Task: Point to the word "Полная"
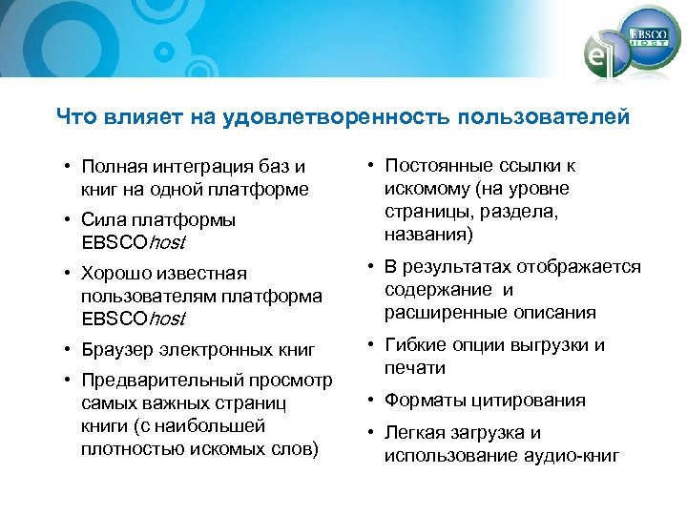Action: (110, 168)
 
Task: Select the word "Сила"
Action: (101, 220)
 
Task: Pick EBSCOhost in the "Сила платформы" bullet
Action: (133, 242)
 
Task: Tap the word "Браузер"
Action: (117, 350)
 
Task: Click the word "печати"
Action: (415, 368)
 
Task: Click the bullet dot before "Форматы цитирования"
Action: (371, 401)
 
